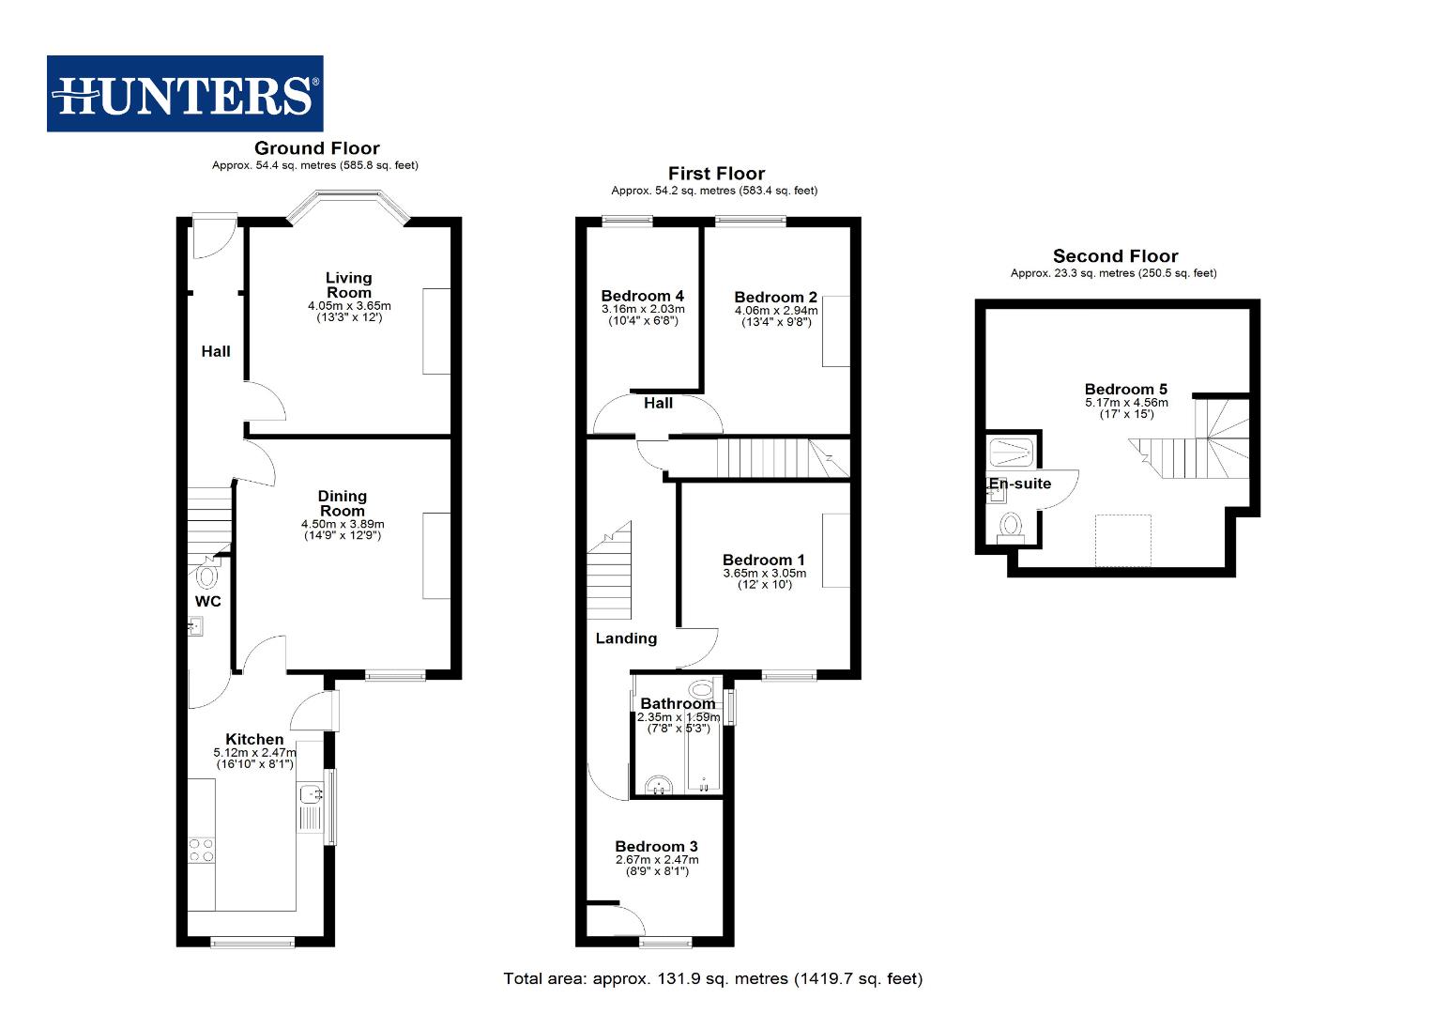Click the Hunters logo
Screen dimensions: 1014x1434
(185, 94)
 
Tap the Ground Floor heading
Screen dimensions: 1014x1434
(316, 148)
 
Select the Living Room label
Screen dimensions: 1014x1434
(349, 284)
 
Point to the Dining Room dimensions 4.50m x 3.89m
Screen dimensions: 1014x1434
(343, 524)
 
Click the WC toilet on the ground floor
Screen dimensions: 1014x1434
(206, 574)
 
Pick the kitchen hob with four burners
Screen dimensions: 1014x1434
(201, 850)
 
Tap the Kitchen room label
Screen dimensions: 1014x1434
(254, 740)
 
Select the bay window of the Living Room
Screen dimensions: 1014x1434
(347, 206)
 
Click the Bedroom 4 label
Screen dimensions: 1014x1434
(643, 296)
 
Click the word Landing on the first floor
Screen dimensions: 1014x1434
(626, 638)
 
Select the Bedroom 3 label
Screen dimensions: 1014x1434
(656, 846)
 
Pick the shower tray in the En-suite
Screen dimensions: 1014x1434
(1011, 453)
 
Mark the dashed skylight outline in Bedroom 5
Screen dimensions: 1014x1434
(1123, 541)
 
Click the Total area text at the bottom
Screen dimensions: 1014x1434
(712, 978)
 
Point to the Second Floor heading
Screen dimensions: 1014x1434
(1115, 256)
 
